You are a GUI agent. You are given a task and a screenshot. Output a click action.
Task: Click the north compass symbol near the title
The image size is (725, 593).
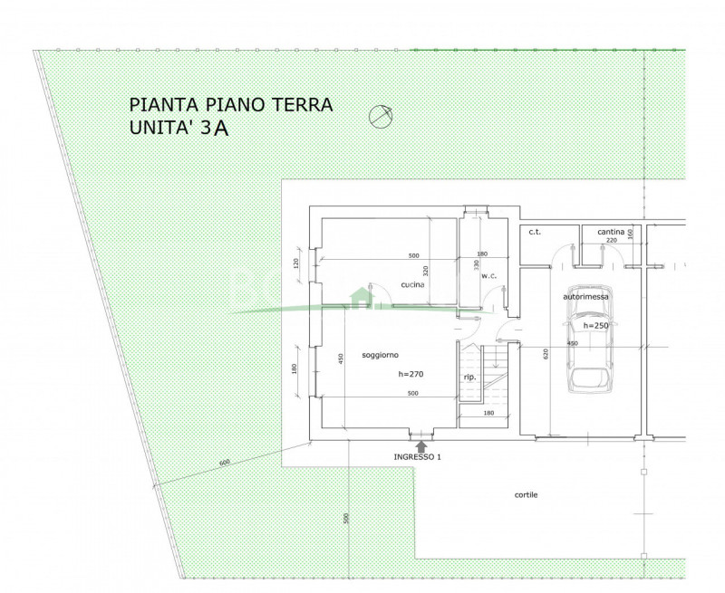pos(381,116)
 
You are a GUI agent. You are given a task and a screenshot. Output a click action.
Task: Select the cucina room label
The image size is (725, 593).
pos(413,285)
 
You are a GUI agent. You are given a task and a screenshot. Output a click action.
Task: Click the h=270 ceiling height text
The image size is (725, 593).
pos(411,373)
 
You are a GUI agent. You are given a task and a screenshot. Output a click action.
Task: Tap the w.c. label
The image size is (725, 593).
pos(489,275)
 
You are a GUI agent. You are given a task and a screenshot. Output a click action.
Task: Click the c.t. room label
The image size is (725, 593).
pos(535,233)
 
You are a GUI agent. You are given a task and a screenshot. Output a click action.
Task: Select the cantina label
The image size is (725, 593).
pos(611,232)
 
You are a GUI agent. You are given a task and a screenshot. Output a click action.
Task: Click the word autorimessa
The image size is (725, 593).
pos(585,295)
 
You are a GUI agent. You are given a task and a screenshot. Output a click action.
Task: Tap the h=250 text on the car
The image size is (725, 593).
pos(595,326)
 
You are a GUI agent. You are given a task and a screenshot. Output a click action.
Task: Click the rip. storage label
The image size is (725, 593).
pos(469,378)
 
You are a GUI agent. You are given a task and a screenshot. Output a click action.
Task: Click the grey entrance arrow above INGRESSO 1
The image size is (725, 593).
pos(421,445)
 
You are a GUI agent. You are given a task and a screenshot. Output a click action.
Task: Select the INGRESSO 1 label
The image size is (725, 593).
pos(417,457)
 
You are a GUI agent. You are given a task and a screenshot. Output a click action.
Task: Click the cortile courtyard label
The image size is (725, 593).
pos(527,495)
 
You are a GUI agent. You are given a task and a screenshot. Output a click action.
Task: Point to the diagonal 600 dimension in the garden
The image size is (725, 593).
pos(225,464)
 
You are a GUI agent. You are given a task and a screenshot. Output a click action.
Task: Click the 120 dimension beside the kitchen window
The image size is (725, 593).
pos(295,264)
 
